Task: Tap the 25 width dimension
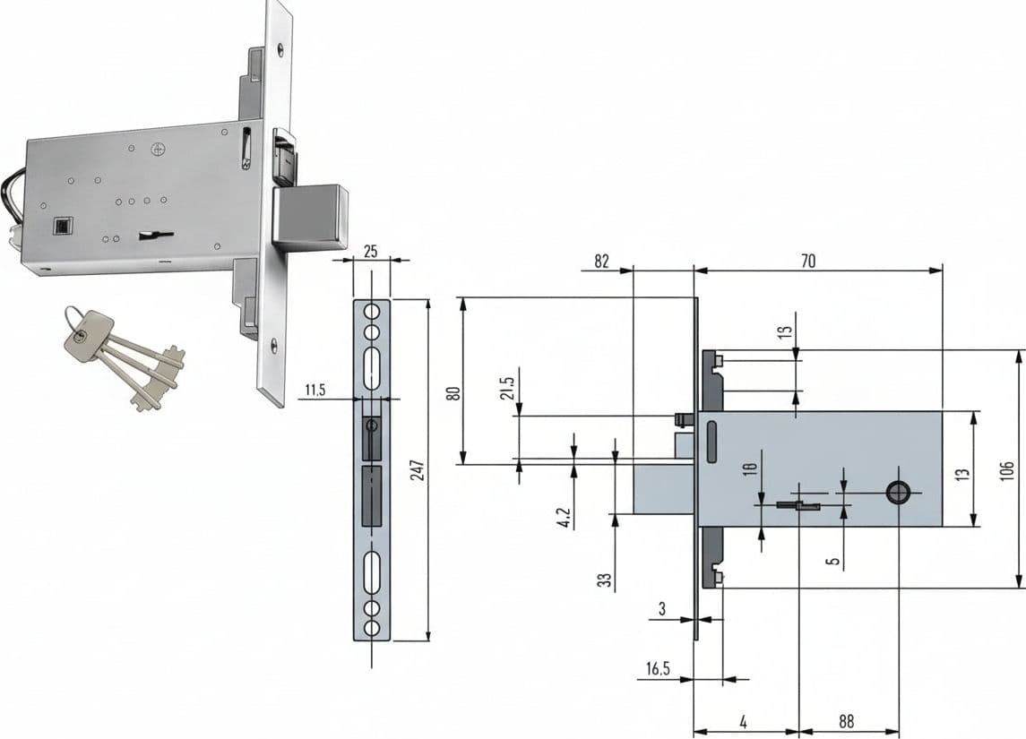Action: (x=371, y=251)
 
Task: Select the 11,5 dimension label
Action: (x=315, y=391)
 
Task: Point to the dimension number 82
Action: (x=601, y=261)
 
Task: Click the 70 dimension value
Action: (x=808, y=261)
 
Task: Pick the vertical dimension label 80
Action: (x=453, y=393)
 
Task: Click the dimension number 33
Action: (x=605, y=580)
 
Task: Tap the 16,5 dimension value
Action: (x=659, y=669)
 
